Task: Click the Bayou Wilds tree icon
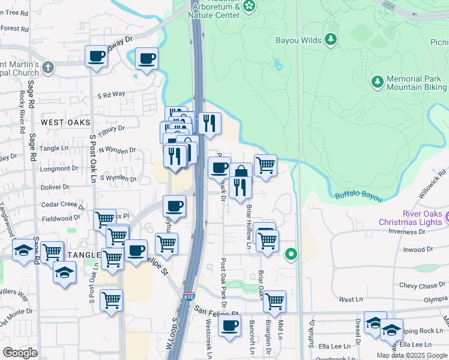[x=330, y=40]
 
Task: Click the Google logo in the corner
[x=20, y=353]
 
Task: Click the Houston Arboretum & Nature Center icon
[x=250, y=7]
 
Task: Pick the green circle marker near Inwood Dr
[x=291, y=254]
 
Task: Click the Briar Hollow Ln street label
[x=249, y=226]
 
